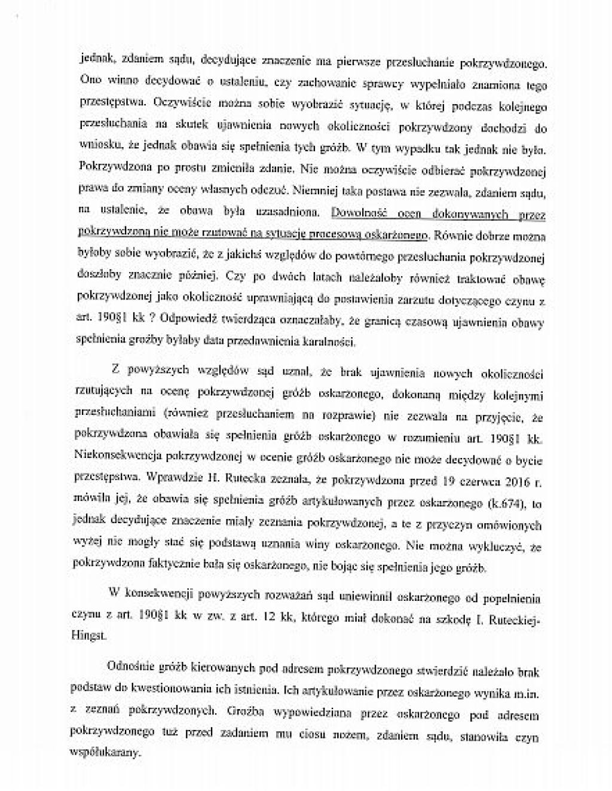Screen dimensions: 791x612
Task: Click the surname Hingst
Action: coord(90,637)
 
